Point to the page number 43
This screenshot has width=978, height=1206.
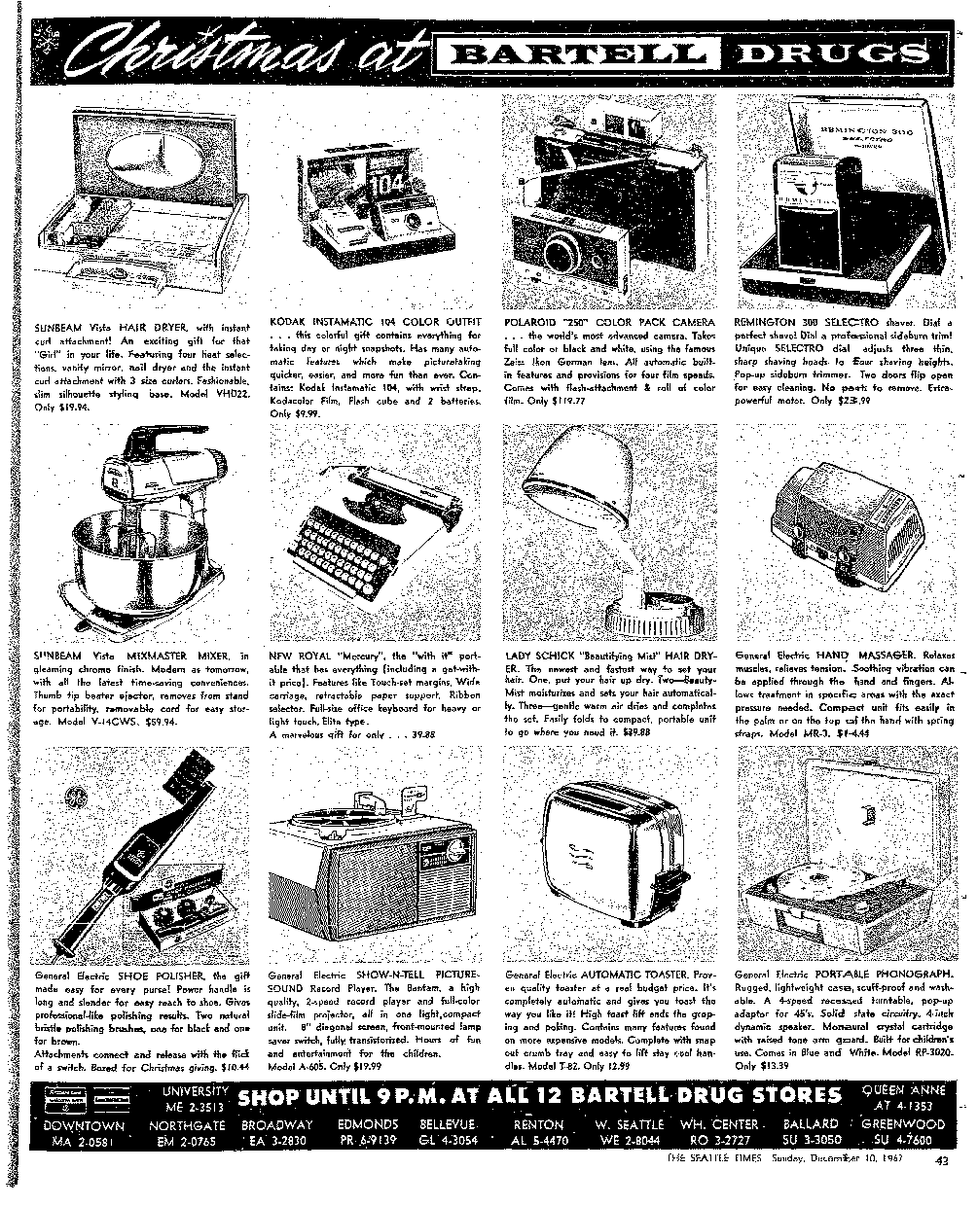pos(942,1159)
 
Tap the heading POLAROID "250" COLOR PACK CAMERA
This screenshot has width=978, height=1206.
pos(611,321)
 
